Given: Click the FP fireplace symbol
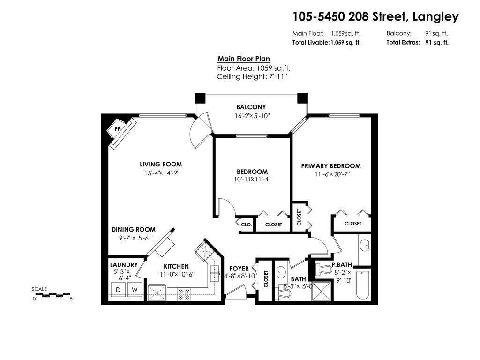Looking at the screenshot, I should click(118, 129).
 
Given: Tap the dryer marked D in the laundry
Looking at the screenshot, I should click(118, 290).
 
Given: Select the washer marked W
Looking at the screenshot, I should click(135, 290).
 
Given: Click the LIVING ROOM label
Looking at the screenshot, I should click(161, 165).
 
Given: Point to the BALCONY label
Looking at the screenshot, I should click(251, 107).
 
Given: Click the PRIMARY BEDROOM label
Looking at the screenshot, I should click(330, 166).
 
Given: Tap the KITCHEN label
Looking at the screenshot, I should click(176, 266).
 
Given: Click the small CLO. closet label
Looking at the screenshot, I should click(247, 225).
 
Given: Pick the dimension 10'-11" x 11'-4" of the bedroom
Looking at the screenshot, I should click(252, 179).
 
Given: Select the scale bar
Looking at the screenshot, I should click(52, 295).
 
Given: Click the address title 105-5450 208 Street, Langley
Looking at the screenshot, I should click(375, 17).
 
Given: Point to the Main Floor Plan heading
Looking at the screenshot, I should click(244, 59).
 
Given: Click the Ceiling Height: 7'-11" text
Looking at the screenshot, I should click(251, 76).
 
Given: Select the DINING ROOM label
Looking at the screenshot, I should click(133, 230).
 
